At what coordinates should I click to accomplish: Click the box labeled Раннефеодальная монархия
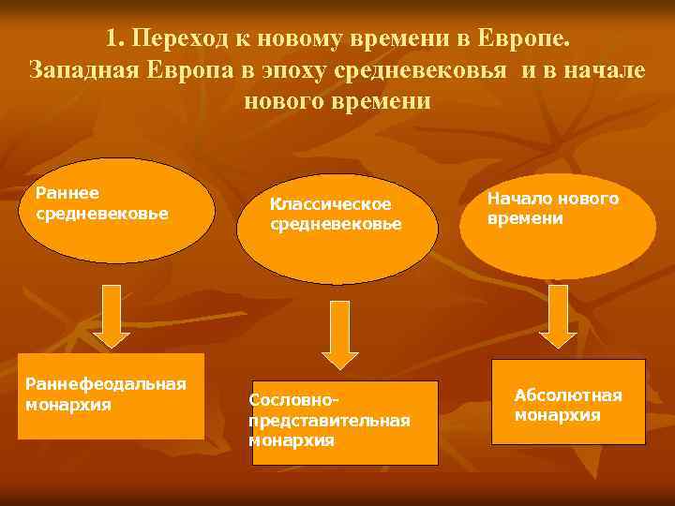111,396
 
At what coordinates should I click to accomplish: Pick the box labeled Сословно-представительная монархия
344,423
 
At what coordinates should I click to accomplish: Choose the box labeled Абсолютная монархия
568,401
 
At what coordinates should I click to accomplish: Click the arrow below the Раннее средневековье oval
112,315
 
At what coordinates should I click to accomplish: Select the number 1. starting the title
115,40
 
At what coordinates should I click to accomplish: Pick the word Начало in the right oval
518,199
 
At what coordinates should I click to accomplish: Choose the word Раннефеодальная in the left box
106,384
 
